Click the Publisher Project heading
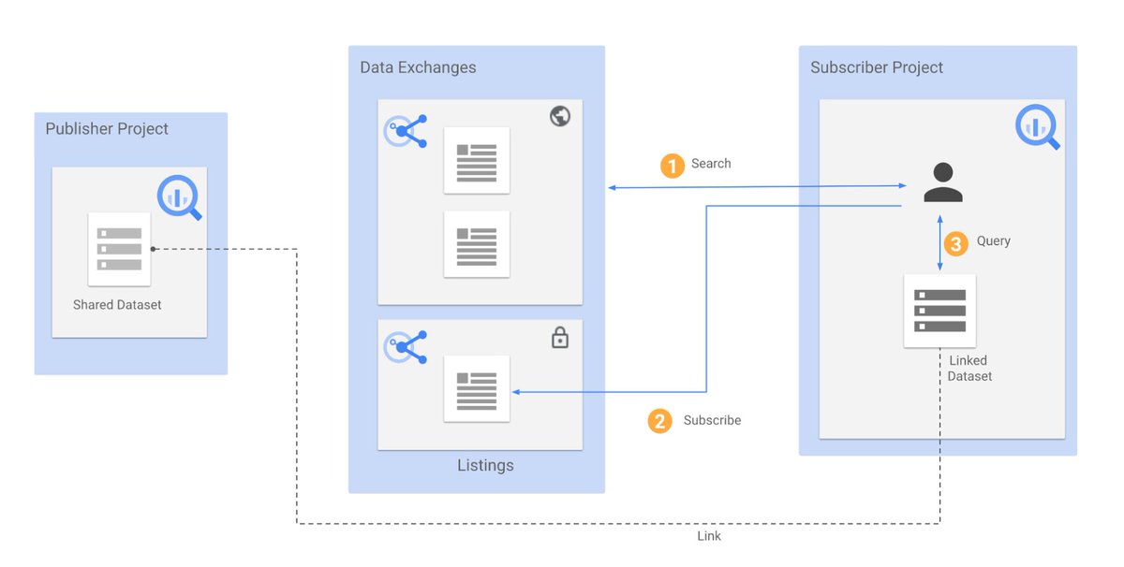107,129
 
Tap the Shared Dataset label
117,305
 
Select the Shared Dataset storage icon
119,249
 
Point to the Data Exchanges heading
418,67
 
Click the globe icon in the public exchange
560,117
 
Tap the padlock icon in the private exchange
560,338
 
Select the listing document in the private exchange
477,389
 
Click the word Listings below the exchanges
485,465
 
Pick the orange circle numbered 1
672,166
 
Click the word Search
711,164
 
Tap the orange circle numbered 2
659,421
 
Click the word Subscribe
712,420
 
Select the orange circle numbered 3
954,244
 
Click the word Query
993,241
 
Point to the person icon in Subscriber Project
942,182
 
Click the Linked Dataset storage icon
939,311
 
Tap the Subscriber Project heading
877,67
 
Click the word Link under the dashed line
709,536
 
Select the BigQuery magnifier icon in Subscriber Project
1036,127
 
